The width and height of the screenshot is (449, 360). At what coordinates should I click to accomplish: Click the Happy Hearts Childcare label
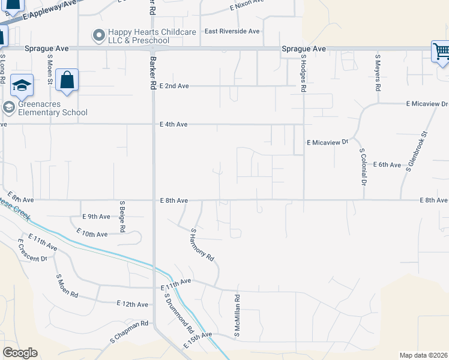pos(139,36)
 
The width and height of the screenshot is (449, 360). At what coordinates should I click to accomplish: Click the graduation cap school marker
pos(22,86)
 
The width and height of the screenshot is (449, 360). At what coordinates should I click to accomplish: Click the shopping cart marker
pos(441,51)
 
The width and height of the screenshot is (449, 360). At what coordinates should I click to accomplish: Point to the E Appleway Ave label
pos(51,11)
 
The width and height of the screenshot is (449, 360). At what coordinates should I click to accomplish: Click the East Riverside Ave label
pos(232,31)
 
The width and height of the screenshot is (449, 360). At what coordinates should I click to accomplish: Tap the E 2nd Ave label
pos(174,86)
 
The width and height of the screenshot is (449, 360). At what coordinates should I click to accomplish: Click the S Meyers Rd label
pos(378,73)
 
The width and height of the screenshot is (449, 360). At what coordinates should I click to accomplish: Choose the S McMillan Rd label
pos(238,315)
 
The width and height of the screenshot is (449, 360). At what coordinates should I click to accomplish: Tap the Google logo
pos(20,353)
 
